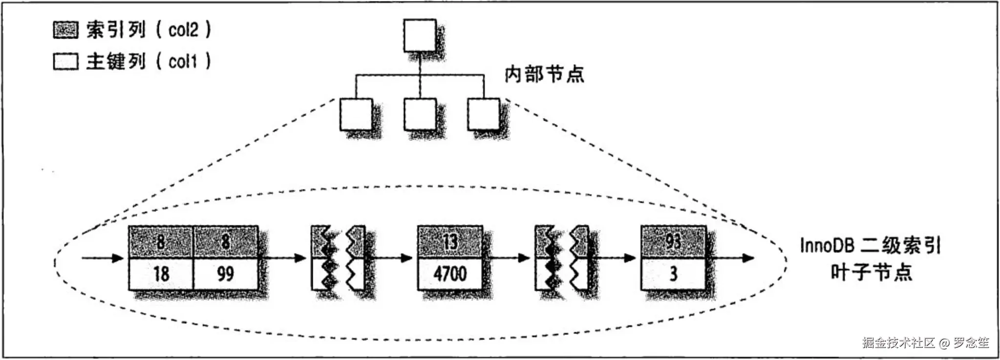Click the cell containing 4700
tap(449, 274)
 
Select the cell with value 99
tap(225, 274)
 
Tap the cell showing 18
tap(161, 274)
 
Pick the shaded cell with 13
tap(449, 241)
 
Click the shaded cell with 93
tap(673, 241)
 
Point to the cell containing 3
tap(673, 274)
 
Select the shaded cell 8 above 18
tap(161, 241)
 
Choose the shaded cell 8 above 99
tap(225, 241)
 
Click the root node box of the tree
tap(420, 35)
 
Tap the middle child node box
tap(420, 114)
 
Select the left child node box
tap(356, 114)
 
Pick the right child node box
tap(483, 114)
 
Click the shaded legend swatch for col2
tap(65, 30)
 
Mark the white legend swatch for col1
tap(65, 62)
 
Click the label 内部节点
tap(544, 75)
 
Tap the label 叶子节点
tap(872, 272)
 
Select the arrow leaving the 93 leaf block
tap(730, 258)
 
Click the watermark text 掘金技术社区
tap(898, 343)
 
